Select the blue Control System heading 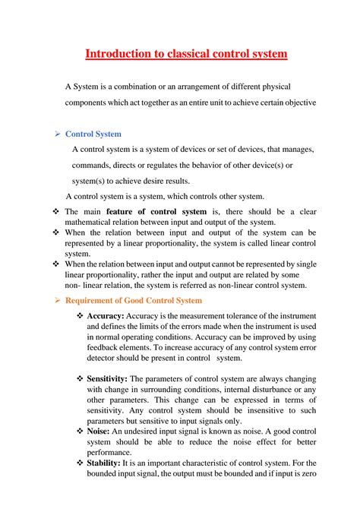tap(93, 134)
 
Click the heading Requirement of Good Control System tap(134, 302)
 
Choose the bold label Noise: tap(99, 431)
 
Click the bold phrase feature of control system tap(156, 211)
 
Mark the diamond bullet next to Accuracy tap(80, 315)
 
